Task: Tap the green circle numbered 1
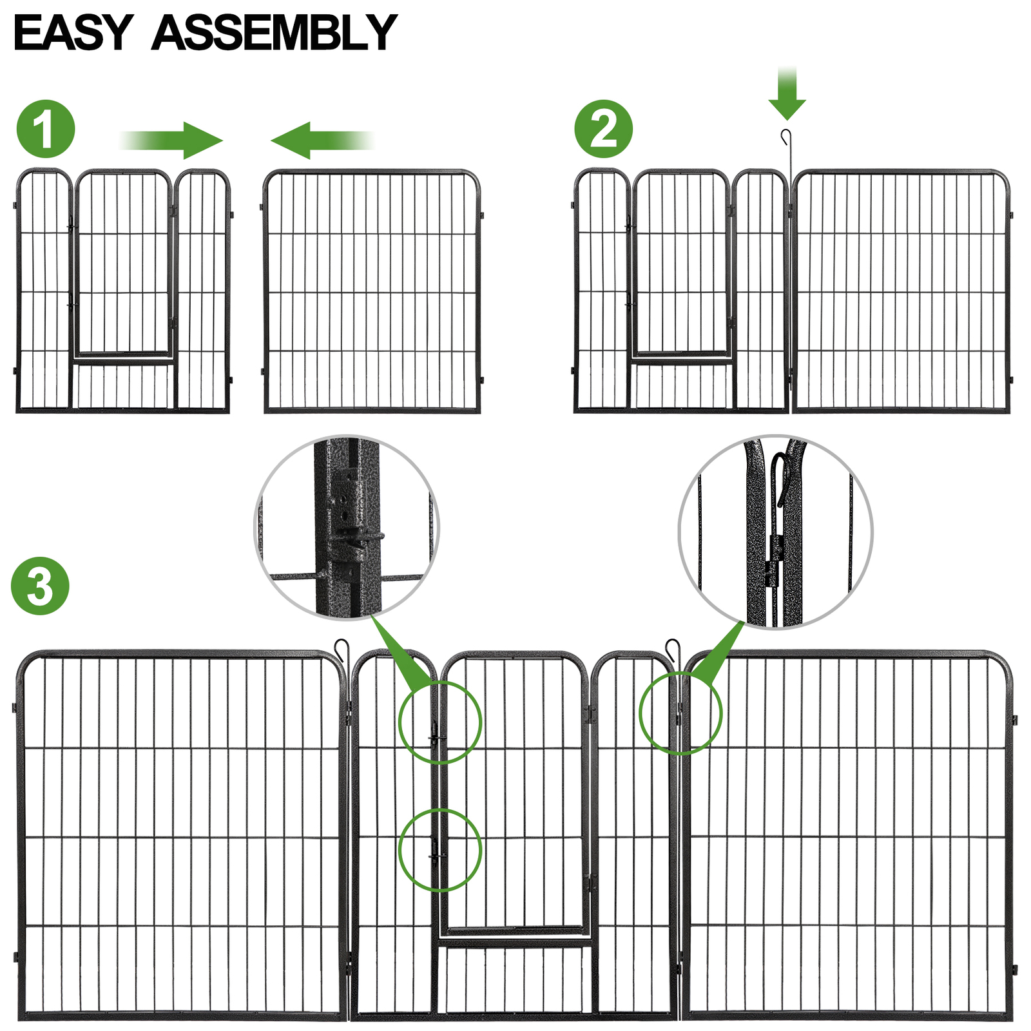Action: (45, 129)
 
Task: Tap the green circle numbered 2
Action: (603, 129)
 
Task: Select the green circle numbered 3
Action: (40, 586)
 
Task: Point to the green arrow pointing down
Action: (787, 93)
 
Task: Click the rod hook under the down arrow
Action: (785, 137)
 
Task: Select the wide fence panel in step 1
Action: (372, 291)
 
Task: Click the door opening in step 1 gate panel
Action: (123, 264)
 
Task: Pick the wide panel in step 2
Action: (901, 291)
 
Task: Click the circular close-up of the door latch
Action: (347, 527)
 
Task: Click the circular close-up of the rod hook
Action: (775, 532)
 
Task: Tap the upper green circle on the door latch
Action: (440, 722)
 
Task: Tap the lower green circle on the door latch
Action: (440, 850)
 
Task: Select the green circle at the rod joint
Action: (680, 713)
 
